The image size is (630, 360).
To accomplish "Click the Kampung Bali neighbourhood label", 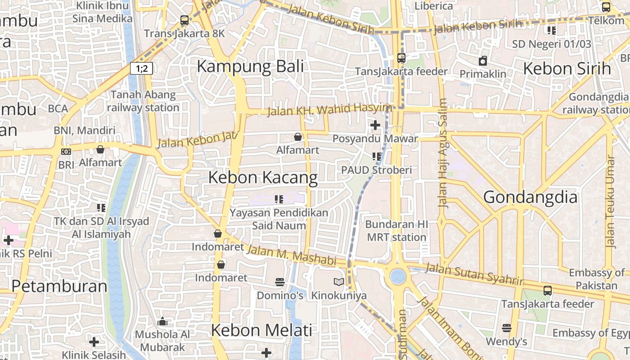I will tap(250, 67).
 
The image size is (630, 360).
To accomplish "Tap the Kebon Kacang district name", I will tap(263, 178).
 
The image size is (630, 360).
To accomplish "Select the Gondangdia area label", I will tap(530, 197).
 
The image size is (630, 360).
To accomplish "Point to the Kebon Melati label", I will tap(261, 330).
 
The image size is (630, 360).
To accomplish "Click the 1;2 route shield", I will tap(142, 68).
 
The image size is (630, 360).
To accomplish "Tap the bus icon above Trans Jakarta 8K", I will tap(184, 20).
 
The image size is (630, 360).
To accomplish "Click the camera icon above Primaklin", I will tap(483, 61).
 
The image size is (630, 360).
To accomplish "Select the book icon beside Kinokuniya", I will tap(338, 282).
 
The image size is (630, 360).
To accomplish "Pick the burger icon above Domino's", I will tap(280, 282).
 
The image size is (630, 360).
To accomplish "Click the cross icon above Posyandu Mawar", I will tap(375, 125).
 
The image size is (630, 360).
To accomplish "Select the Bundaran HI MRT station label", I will tap(396, 230).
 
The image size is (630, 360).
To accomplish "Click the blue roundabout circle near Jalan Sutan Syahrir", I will tap(398, 276).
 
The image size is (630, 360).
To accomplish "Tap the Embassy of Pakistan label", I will tap(596, 279).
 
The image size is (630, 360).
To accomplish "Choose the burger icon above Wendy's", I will tap(507, 328).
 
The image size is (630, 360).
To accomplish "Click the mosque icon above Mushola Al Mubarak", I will tap(163, 321).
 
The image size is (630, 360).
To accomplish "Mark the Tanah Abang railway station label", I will tap(143, 101).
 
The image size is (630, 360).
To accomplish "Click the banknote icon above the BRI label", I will tap(66, 152).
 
